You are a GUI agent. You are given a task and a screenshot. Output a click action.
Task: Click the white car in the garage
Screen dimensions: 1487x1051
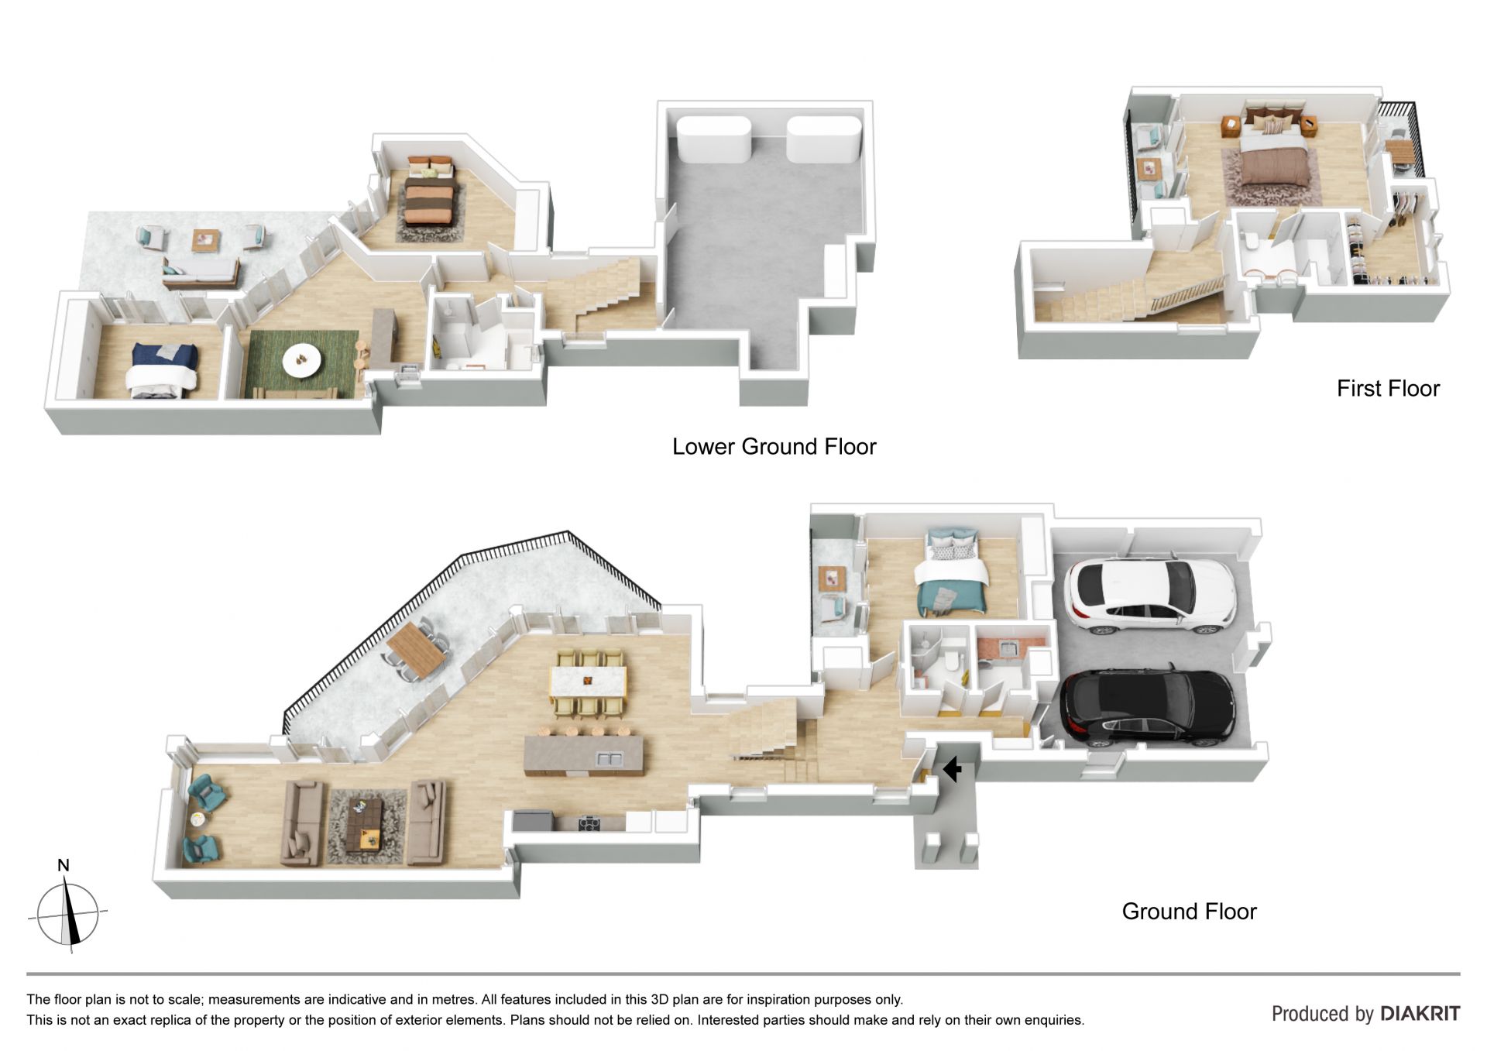coord(1149,596)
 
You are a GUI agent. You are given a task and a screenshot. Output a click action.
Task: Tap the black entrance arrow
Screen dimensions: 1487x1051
coord(952,768)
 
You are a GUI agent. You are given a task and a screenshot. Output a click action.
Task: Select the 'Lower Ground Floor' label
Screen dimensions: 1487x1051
coord(774,447)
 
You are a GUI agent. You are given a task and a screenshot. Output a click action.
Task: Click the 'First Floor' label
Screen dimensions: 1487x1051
coord(1388,388)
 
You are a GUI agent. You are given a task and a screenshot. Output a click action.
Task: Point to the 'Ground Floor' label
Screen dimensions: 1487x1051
coord(1189,912)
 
